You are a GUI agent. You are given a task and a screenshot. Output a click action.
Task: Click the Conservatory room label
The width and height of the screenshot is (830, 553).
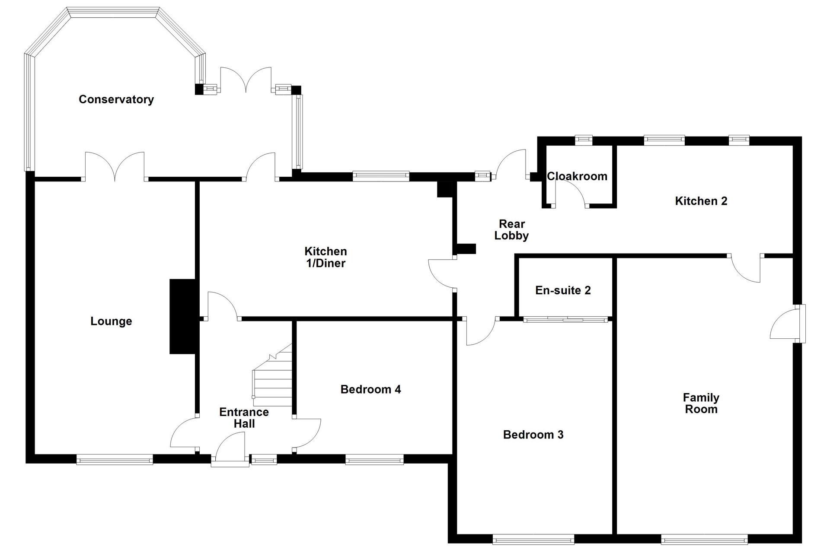[116, 99]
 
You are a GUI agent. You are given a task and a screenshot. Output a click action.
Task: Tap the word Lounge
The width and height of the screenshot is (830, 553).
[111, 321]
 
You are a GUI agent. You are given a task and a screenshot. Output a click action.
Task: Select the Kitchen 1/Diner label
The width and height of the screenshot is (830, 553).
[326, 257]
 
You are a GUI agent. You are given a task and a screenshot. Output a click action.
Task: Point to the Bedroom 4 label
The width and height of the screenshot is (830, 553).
[371, 389]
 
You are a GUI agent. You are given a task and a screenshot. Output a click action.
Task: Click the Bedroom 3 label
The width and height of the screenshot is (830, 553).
[533, 435]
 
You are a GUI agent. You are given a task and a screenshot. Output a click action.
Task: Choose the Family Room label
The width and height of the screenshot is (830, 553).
[701, 403]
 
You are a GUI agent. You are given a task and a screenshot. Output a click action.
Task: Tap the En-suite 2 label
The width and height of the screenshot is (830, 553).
[563, 290]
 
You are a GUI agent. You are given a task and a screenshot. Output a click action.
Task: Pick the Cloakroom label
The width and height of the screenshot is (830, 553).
[577, 176]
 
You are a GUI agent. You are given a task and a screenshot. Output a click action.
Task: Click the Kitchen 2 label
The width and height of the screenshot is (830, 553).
[701, 201]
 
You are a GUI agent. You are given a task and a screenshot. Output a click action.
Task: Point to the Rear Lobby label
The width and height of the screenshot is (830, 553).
[512, 230]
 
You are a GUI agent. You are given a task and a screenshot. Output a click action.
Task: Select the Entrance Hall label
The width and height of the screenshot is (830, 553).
[244, 418]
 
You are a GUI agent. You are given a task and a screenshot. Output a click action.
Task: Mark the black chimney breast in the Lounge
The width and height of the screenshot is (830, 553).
[183, 317]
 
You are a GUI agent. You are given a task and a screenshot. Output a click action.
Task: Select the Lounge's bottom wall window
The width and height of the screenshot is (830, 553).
[115, 459]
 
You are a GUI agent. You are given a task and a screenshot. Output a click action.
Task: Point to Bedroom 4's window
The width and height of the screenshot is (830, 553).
[374, 459]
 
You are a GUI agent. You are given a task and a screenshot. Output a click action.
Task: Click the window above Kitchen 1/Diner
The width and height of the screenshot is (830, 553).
[381, 176]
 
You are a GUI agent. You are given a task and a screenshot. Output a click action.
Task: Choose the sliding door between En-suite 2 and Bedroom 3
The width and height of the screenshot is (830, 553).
[565, 320]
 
